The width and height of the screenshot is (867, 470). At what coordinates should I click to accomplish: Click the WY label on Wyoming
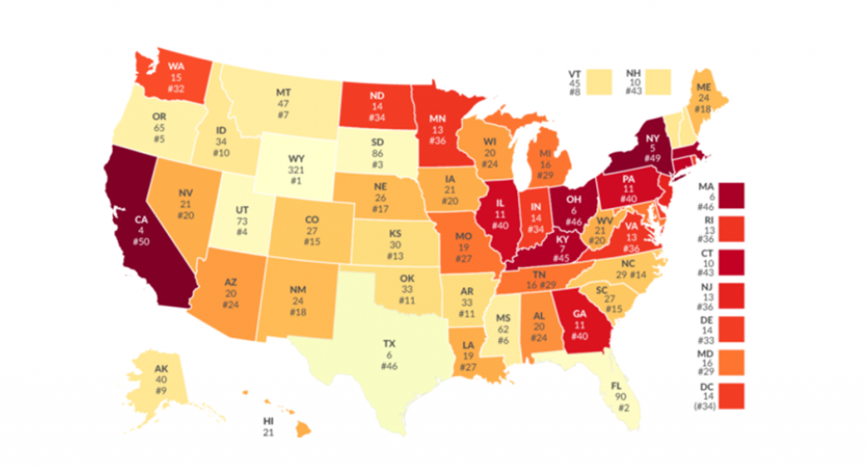[297, 158]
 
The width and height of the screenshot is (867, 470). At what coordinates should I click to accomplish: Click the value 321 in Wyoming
[297, 169]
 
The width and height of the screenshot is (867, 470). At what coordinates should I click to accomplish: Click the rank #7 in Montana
[284, 113]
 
